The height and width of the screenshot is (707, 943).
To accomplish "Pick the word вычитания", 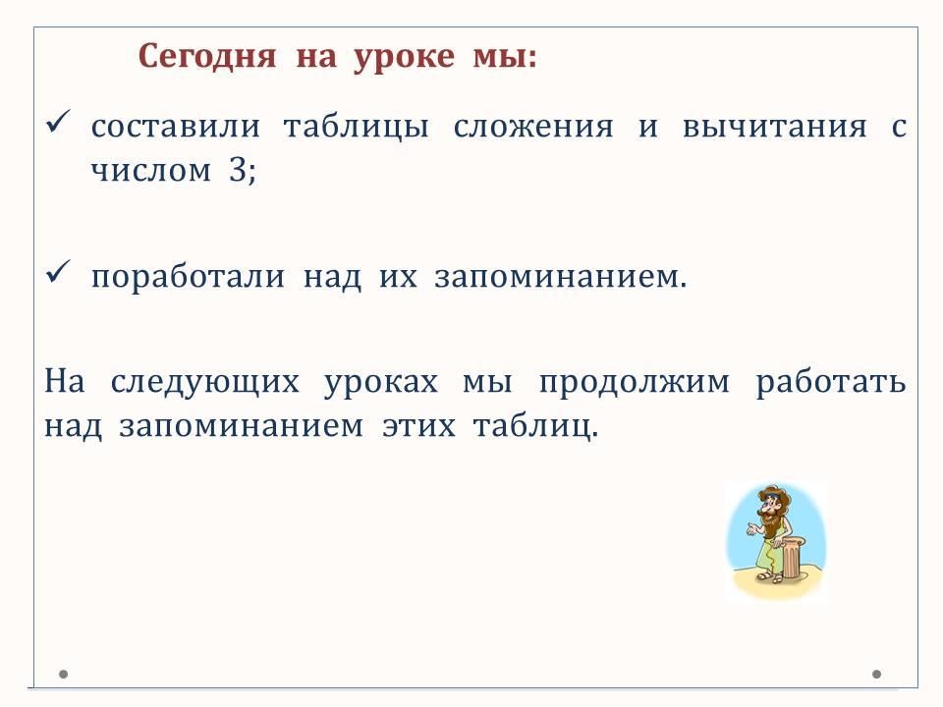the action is [775, 128].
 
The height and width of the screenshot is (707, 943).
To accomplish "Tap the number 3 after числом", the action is [238, 170].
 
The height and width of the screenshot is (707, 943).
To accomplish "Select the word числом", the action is [151, 171].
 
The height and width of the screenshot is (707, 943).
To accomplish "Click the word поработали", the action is [188, 278].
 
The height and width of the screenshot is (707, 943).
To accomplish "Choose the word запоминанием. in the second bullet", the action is [561, 278].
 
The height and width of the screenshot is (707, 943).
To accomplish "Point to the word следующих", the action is [204, 383].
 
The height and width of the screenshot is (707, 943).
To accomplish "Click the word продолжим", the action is [634, 383].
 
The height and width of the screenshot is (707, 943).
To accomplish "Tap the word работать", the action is [831, 383].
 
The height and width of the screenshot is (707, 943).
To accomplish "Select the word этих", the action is [419, 426].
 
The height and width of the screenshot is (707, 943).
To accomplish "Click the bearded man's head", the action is [770, 505].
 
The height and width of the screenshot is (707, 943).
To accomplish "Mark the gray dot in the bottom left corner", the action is [63, 674].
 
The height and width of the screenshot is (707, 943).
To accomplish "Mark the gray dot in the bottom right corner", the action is [877, 674].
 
